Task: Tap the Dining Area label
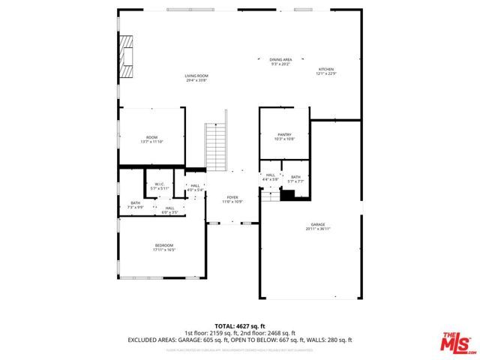tap(281, 59)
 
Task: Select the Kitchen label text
tap(325, 69)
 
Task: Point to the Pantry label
tap(284, 135)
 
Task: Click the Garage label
tap(318, 224)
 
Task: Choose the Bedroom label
tap(164, 245)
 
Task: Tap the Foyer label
tap(232, 198)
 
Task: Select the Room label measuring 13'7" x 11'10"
tap(151, 137)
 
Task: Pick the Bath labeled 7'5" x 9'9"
tap(135, 202)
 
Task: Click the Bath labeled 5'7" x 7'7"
tap(295, 177)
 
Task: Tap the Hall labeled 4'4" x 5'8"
tap(270, 175)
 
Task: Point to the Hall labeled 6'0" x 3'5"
tap(170, 208)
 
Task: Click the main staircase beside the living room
tap(216, 147)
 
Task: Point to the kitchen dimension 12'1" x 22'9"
tap(325, 73)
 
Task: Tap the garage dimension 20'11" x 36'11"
tap(318, 228)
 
